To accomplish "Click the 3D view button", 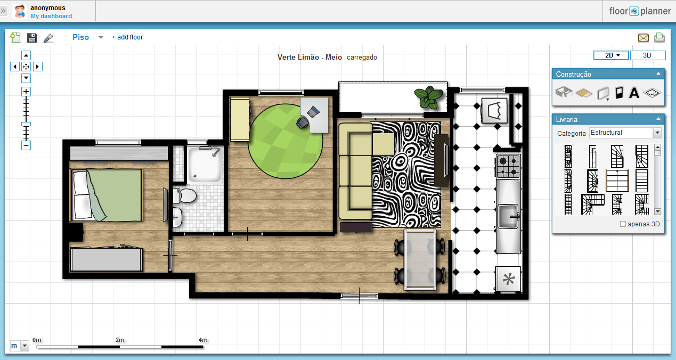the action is pyautogui.click(x=648, y=55).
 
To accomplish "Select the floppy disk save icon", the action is pyautogui.click(x=32, y=38).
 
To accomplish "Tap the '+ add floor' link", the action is pyautogui.click(x=127, y=37).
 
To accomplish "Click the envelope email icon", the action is pyautogui.click(x=644, y=38).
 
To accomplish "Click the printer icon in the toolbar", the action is pyautogui.click(x=659, y=37).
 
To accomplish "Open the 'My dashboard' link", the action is pyautogui.click(x=51, y=16).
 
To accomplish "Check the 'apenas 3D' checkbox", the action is pyautogui.click(x=623, y=224).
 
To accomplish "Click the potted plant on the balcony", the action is pyautogui.click(x=428, y=97).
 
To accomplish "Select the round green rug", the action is pyautogui.click(x=285, y=141).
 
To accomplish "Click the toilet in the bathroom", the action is pyautogui.click(x=185, y=195).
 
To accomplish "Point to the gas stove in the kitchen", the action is pyautogui.click(x=509, y=166).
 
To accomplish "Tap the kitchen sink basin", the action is pyautogui.click(x=508, y=216).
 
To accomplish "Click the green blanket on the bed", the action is pyautogui.click(x=115, y=195).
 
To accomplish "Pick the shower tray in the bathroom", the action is pyautogui.click(x=205, y=165).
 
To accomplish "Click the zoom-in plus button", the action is pyautogui.click(x=26, y=92).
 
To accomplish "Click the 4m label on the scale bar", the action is pyautogui.click(x=203, y=340).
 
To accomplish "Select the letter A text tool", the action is pyautogui.click(x=634, y=93).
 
